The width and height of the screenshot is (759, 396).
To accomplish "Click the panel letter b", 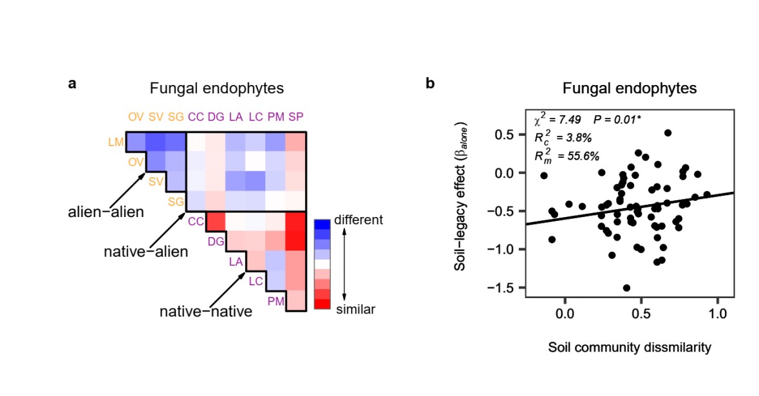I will point(431,83).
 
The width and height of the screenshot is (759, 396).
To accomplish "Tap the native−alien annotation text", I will point(145,251).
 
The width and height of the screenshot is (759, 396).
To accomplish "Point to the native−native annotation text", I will point(205,312).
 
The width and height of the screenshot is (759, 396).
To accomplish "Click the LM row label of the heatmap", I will point(116,141).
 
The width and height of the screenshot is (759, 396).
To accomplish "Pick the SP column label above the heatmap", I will point(296,117).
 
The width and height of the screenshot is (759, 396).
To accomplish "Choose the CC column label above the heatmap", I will point(195,117).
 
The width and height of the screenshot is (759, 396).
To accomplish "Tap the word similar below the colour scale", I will point(355,310).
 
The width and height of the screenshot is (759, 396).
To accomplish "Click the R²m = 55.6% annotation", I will point(567,155).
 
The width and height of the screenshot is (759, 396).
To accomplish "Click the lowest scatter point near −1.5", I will point(626,288).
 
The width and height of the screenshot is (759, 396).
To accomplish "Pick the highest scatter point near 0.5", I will point(668,133).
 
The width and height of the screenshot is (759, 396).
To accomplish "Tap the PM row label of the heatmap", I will point(276,300).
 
